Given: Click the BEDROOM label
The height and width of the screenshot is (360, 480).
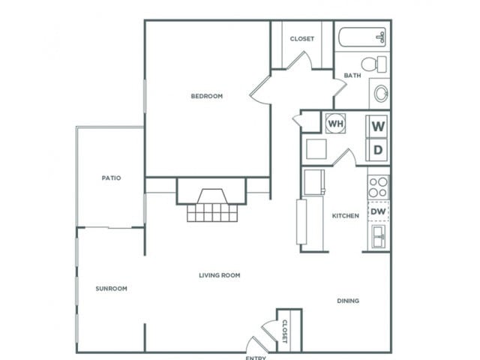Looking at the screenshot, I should click(206, 96).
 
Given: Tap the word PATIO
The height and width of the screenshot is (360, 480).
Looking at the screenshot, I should click(111, 178).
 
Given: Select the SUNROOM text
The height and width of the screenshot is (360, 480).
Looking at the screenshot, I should click(111, 289).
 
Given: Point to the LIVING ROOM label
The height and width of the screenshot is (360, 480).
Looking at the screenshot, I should click(219, 275).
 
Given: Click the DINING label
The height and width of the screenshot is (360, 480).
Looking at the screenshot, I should click(347, 301).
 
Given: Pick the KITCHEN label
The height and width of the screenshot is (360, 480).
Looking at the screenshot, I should click(346, 216).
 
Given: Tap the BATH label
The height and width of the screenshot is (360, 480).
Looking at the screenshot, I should click(352, 76).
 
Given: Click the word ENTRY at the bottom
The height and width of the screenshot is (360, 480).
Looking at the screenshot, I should click(256, 357).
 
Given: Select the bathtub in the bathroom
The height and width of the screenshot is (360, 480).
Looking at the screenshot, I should click(362, 37).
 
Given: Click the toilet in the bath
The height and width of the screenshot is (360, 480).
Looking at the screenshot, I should click(373, 64).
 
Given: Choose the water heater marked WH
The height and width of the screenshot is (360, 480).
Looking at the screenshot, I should click(334, 123).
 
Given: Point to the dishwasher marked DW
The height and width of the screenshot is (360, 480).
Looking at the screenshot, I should click(379, 211).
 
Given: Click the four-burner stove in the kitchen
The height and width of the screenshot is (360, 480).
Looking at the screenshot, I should click(379, 187).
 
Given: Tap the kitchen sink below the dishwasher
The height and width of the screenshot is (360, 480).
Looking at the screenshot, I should click(379, 238).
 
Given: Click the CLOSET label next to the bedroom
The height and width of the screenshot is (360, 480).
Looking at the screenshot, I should click(301, 39).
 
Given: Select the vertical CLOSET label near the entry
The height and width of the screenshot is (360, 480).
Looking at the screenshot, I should click(284, 331).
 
